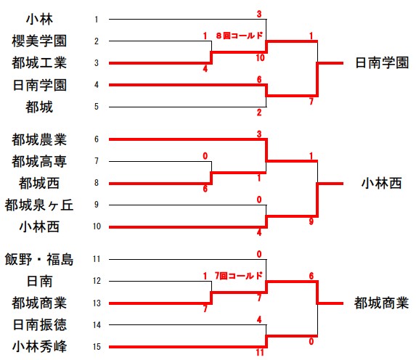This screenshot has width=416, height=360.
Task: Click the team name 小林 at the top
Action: click(x=39, y=20)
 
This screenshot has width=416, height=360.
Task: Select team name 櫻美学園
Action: click(x=39, y=41)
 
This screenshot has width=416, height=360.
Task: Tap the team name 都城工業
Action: click(x=39, y=63)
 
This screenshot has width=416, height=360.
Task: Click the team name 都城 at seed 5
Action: click(x=39, y=107)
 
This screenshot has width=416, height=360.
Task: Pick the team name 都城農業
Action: click(x=39, y=139)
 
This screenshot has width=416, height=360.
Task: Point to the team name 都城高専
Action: click(x=39, y=161)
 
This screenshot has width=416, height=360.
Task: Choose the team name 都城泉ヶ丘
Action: click(x=39, y=205)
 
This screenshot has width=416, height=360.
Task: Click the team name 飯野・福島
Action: click(x=39, y=259)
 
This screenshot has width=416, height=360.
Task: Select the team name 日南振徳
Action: click(x=39, y=324)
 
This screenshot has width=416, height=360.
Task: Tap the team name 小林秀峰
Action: click(x=39, y=346)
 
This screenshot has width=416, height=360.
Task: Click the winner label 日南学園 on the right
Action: click(x=382, y=63)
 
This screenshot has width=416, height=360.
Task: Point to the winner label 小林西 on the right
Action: click(x=382, y=184)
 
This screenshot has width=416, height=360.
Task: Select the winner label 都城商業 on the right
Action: click(x=381, y=303)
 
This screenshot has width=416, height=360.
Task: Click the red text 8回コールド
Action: click(x=240, y=36)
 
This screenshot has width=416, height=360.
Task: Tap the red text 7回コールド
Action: click(x=239, y=276)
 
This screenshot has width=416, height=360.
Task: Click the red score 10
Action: click(x=260, y=58)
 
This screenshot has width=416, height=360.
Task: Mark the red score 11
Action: click(x=260, y=352)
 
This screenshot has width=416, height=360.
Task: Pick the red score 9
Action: click(x=311, y=221)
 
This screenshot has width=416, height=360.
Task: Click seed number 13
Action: click(x=97, y=303)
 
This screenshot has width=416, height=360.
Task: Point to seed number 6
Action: click(x=97, y=139)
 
